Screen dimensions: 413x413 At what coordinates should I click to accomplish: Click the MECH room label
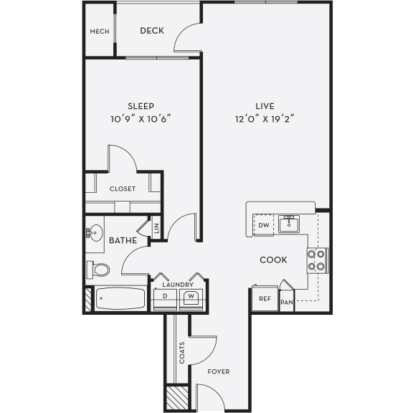click(x=98, y=32)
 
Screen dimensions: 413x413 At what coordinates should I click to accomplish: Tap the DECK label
click(x=152, y=30)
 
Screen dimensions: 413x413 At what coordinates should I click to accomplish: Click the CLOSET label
click(x=123, y=189)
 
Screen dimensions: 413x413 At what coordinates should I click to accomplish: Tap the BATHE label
click(x=123, y=241)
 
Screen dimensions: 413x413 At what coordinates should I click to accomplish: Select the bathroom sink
click(x=94, y=232)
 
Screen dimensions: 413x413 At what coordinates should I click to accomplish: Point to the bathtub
click(x=119, y=298)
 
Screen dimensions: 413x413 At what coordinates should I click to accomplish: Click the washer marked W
click(x=191, y=296)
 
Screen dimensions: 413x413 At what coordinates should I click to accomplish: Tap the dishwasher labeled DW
click(x=263, y=225)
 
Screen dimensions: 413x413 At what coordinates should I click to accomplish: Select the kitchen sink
click(x=290, y=224)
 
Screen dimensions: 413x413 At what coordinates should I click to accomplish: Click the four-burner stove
click(x=317, y=260)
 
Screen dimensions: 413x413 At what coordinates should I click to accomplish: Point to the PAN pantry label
click(x=287, y=303)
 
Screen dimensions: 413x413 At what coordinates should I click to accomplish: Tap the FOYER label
click(x=218, y=371)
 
